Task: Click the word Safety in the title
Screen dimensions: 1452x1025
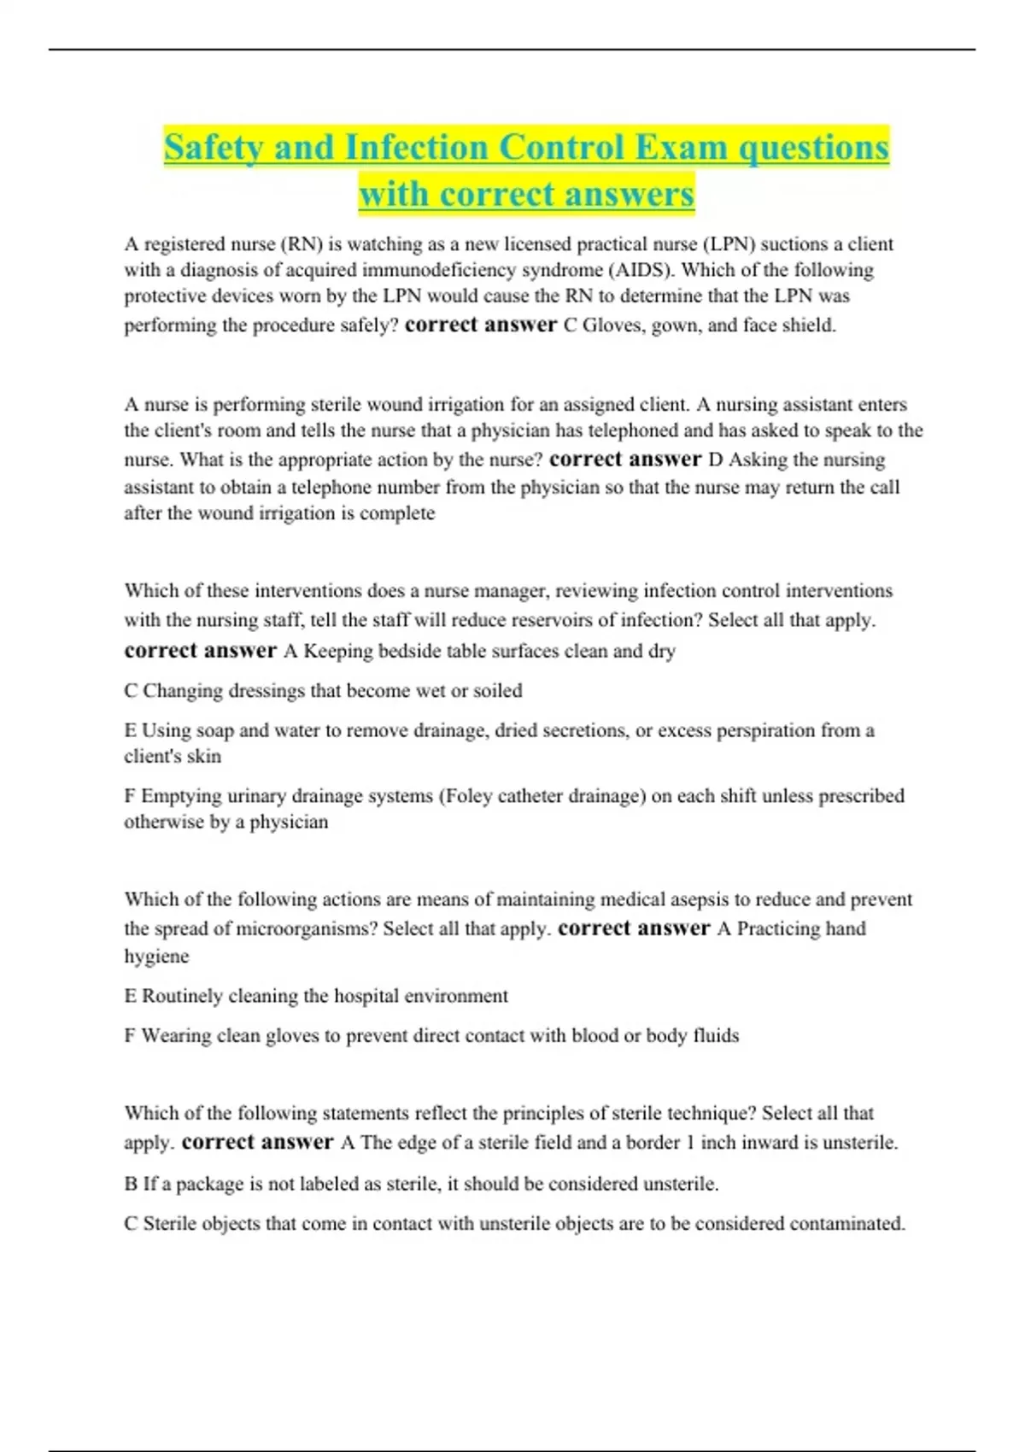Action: coord(214,148)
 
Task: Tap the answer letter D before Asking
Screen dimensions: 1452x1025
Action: coord(716,460)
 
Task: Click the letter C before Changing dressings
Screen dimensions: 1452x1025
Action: coord(131,690)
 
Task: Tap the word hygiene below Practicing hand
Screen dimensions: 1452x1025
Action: coord(156,957)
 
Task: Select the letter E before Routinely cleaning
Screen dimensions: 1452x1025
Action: coord(130,996)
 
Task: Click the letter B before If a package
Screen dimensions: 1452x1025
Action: coord(131,1184)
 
